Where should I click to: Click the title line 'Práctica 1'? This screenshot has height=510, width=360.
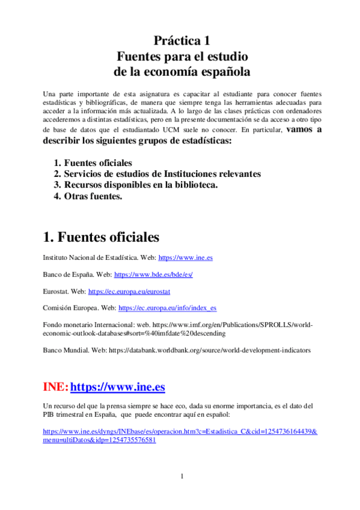click(182, 41)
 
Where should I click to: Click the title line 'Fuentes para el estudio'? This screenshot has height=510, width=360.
click(182, 57)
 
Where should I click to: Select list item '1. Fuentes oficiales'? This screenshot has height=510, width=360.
click(98, 163)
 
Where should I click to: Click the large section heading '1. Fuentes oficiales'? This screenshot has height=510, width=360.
click(101, 236)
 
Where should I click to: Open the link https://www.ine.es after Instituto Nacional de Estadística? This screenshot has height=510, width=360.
click(185, 257)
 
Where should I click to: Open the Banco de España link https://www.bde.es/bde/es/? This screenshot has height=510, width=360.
click(153, 274)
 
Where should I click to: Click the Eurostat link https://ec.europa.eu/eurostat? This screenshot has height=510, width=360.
click(129, 291)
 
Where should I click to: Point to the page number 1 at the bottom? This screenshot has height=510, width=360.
click(181, 477)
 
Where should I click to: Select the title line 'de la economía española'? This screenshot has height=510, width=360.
click(182, 72)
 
